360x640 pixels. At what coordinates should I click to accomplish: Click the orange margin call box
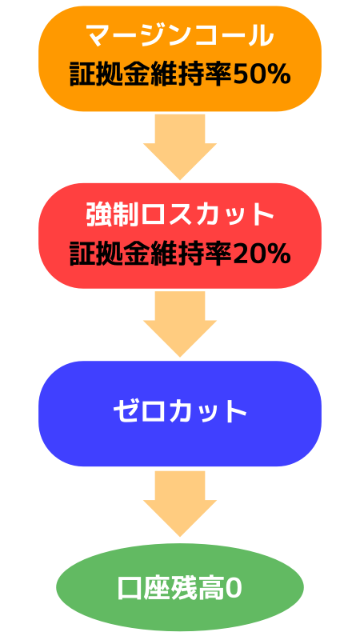pos(180,58)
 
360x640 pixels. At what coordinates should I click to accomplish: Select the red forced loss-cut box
pos(180,236)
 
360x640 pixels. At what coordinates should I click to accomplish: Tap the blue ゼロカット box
pos(180,414)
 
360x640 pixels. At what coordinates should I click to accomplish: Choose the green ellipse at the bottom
pos(180,587)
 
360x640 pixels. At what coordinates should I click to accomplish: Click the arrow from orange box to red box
pos(180,147)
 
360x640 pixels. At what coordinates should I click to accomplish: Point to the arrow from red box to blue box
pos(180,325)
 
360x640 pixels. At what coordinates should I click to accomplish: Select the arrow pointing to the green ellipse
pos(180,504)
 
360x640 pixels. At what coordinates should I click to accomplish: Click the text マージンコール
pos(180,36)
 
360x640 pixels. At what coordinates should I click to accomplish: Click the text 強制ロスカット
pos(180,214)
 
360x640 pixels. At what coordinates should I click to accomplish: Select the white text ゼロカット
pos(180,412)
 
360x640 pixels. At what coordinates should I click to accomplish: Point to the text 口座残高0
pos(180,588)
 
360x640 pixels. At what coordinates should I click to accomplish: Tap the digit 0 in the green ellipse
pos(234,589)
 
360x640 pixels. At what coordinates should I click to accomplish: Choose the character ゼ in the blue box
pos(124,412)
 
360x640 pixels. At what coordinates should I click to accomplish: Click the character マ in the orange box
pos(98,36)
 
